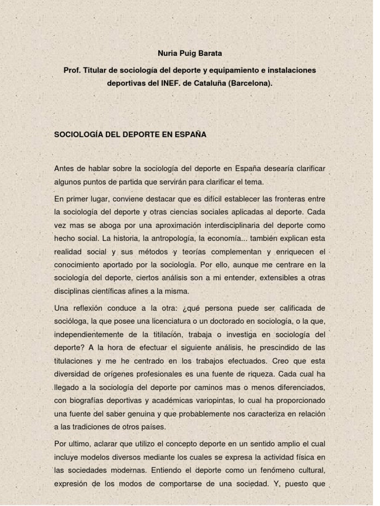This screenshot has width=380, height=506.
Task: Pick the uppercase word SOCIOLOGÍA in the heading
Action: coord(78,134)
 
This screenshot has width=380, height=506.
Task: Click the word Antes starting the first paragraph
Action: coord(64,169)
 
